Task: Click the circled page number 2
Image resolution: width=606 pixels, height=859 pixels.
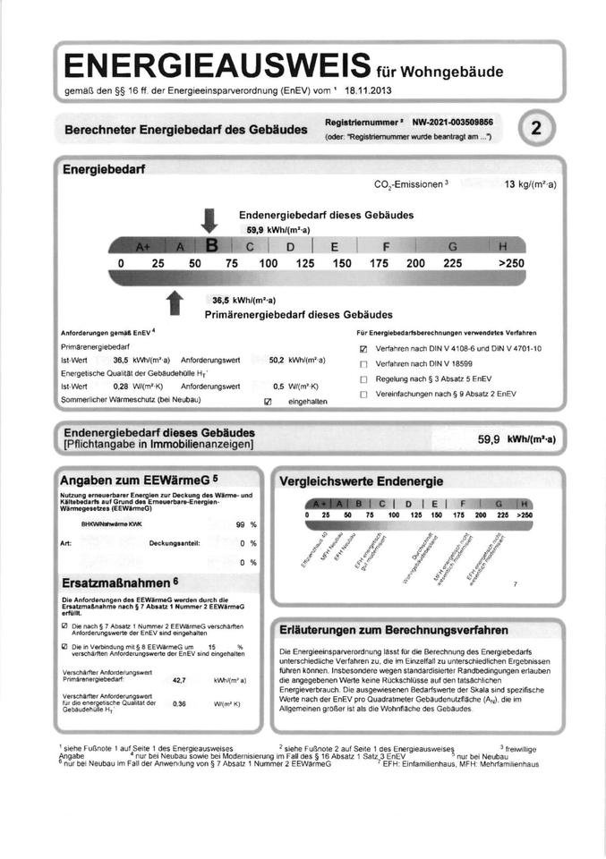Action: click(536, 128)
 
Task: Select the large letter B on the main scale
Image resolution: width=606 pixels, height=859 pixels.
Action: click(213, 244)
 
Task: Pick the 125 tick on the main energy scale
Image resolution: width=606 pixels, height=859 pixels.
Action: click(305, 264)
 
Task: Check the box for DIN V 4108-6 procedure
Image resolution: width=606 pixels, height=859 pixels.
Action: click(363, 349)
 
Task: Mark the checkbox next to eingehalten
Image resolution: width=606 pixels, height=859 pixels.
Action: click(266, 402)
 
